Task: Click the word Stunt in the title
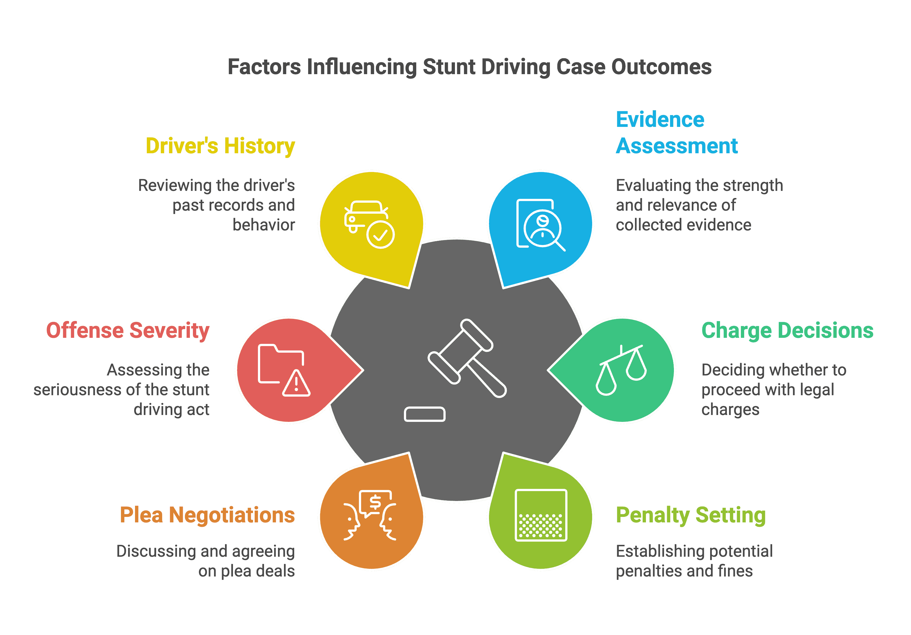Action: point(449,67)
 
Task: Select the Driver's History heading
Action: point(220,146)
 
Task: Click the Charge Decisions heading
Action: point(787,330)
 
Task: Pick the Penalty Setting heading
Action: point(690,515)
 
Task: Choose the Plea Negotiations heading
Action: point(207,515)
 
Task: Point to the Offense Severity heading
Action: point(128,330)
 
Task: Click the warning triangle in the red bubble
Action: point(296,384)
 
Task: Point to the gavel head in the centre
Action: point(460,352)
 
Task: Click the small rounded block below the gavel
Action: point(424,414)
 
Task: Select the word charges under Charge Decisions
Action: point(730,410)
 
